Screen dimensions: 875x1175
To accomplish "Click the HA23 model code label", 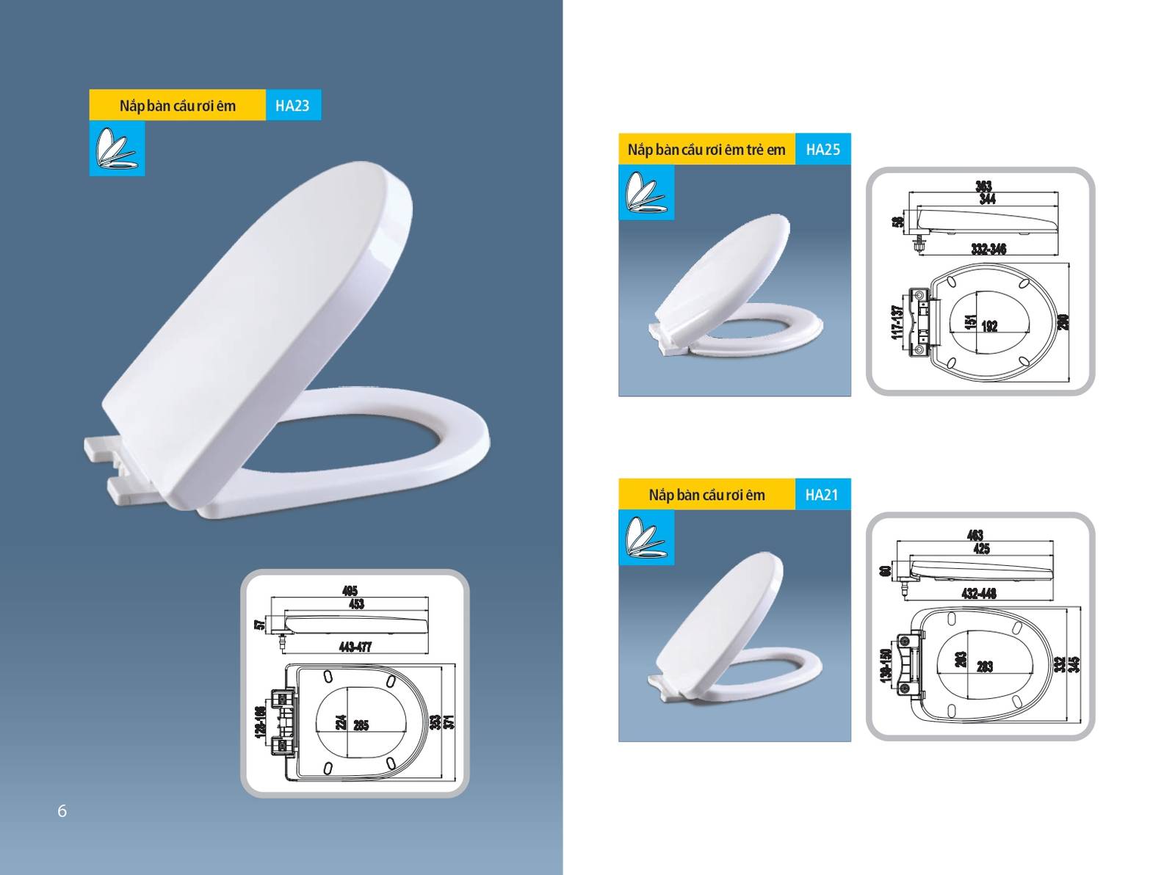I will click(x=292, y=106).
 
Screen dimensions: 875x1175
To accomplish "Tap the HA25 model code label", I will click(x=822, y=150).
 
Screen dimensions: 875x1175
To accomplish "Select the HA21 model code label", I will click(x=822, y=495).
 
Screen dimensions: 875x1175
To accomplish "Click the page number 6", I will click(x=62, y=810).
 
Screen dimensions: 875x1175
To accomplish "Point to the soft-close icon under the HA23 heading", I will click(x=117, y=148).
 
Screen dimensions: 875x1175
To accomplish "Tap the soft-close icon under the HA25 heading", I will click(x=646, y=192).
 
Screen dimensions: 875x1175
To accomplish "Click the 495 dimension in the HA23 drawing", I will click(x=350, y=590).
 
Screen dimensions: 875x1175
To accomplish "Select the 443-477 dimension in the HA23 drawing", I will click(x=355, y=647).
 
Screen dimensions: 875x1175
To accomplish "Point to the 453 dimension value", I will click(x=355, y=604).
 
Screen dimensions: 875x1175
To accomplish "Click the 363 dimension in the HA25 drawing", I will click(x=983, y=186).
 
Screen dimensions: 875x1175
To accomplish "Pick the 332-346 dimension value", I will click(x=988, y=249).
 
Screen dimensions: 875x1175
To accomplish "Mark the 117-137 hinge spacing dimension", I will click(x=896, y=322).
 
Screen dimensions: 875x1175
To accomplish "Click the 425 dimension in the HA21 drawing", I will click(x=981, y=548).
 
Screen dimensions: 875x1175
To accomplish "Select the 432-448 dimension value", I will click(x=979, y=593).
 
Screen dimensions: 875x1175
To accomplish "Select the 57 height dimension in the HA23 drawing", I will click(x=259, y=625).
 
